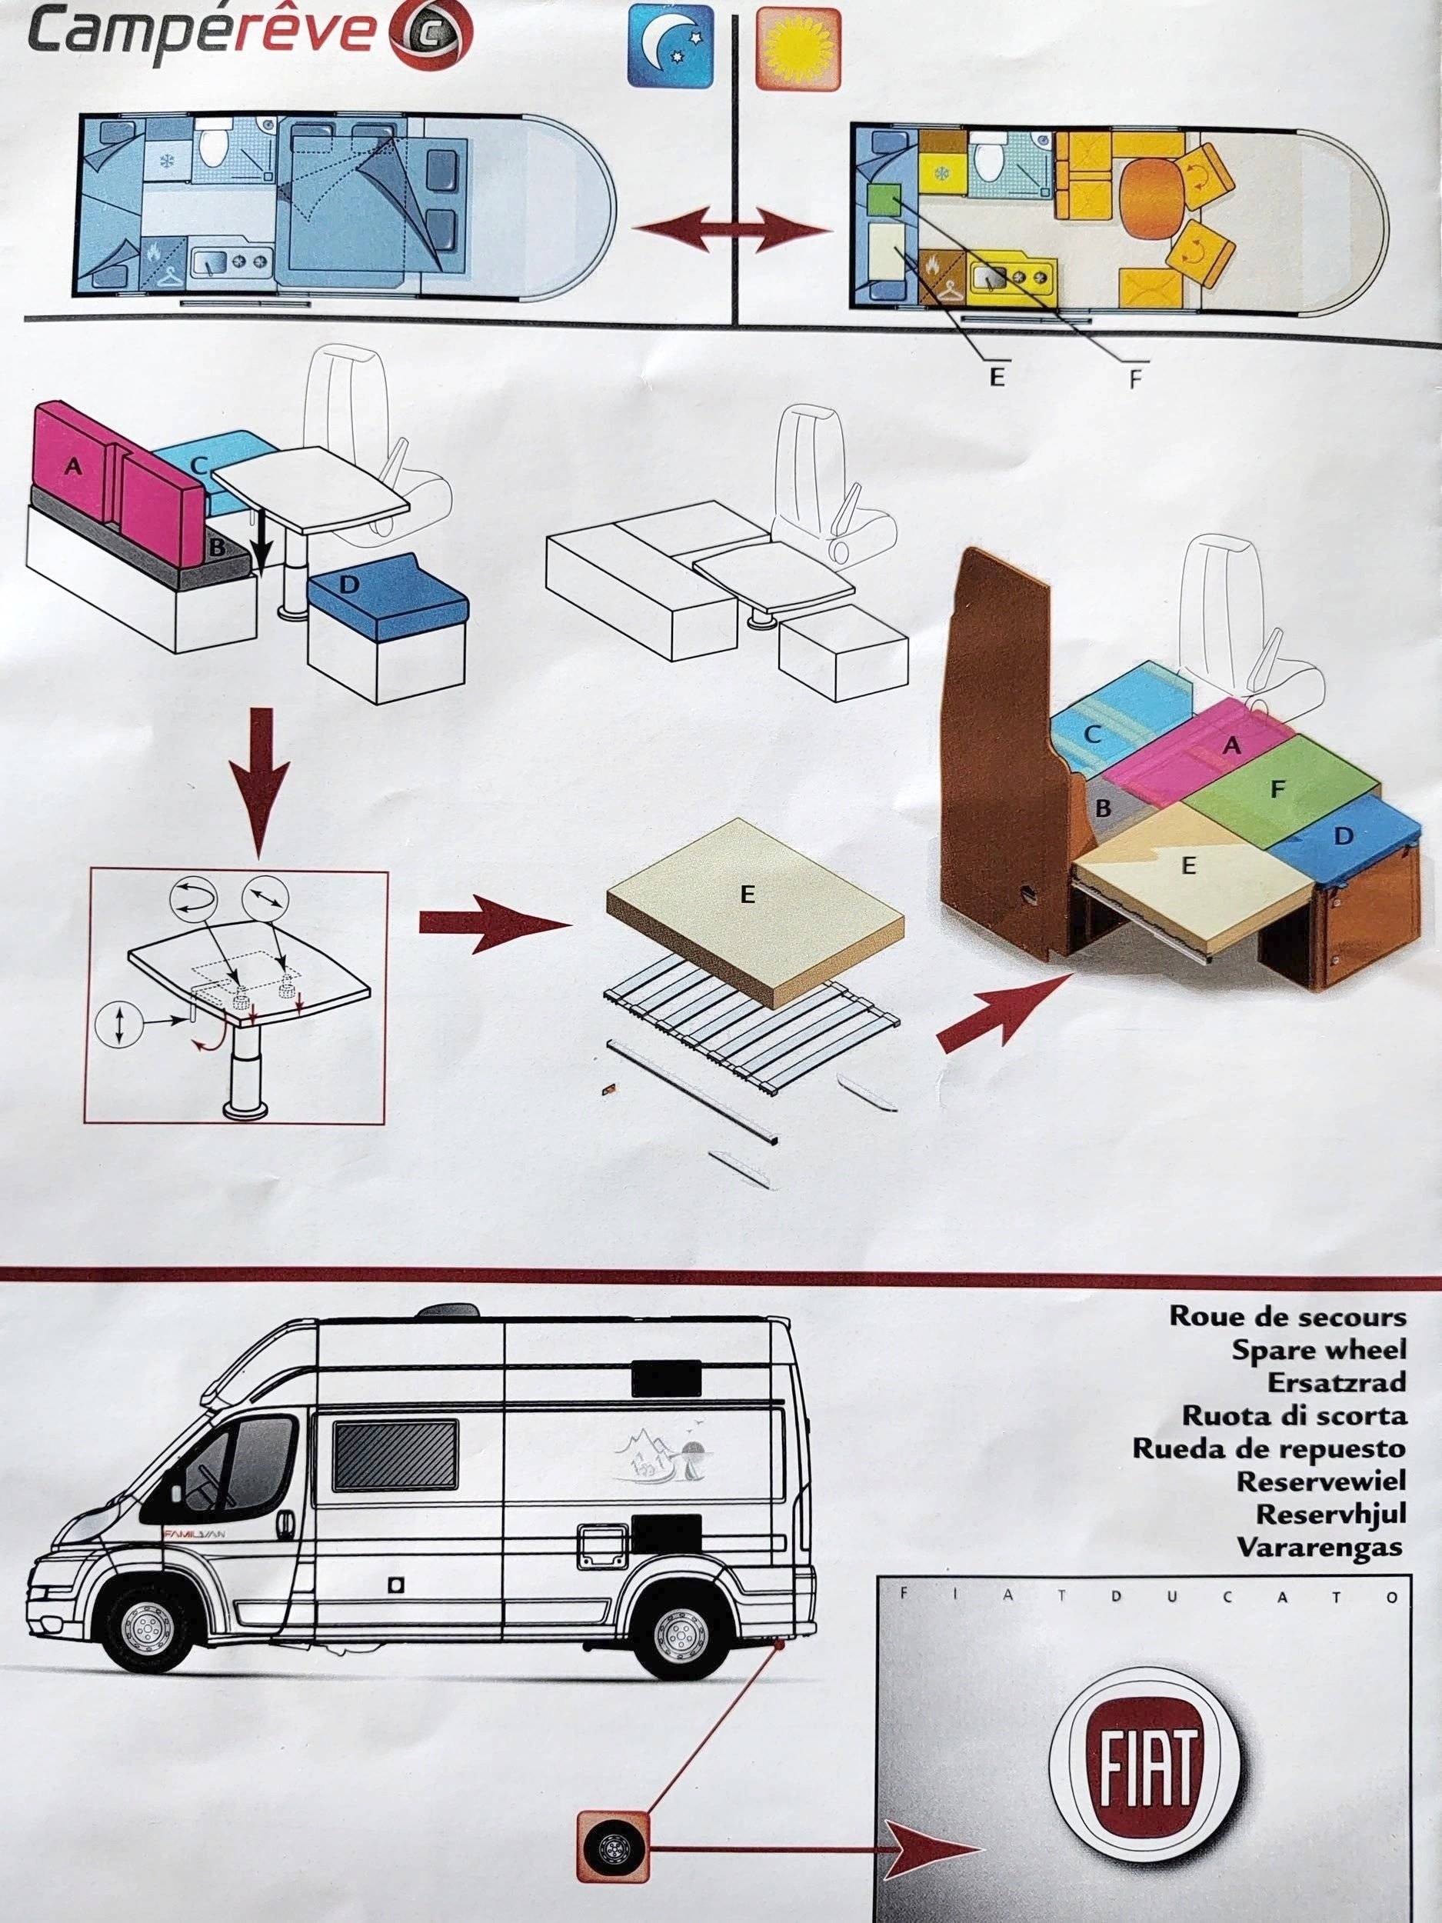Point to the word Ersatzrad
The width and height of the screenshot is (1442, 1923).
[x=1336, y=1382]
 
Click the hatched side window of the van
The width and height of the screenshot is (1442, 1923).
[x=396, y=1455]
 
